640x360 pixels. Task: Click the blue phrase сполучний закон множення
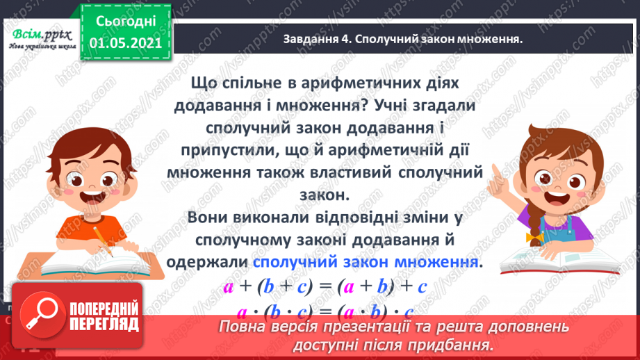366,262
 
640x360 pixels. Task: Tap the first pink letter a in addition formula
227,286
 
